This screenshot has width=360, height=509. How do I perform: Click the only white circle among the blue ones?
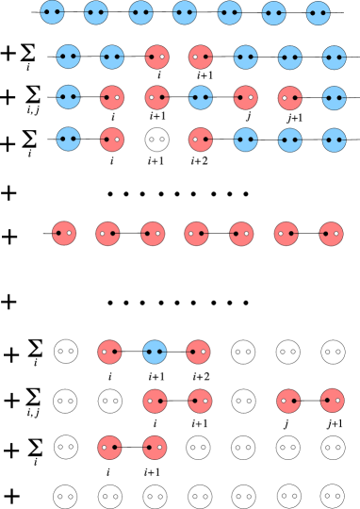pos(156,140)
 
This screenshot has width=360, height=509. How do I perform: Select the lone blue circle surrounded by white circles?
pos(154,352)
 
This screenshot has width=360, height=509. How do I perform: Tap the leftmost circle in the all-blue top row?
pos(52,12)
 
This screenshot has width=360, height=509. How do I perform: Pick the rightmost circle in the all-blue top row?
pos(318,13)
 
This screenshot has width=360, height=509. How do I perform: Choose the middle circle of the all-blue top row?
pos(185,12)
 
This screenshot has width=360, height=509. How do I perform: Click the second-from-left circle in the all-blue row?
pos(96,12)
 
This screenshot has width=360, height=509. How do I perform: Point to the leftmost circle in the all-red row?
pos(64,233)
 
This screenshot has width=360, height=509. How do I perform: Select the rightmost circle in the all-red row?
pos(331,234)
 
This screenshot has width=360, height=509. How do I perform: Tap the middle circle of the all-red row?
pos(196,233)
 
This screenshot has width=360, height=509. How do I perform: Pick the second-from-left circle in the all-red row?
pos(107,234)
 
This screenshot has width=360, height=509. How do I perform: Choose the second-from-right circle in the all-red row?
pos(286,234)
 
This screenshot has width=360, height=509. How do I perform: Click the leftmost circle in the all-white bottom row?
pos(65,496)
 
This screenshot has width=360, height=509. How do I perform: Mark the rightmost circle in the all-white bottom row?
pos(333,496)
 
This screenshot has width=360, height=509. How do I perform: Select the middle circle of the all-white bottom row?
pos(200,496)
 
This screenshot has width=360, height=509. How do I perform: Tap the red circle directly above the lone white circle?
pos(156,97)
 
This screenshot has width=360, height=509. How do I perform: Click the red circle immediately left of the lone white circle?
pos(112,140)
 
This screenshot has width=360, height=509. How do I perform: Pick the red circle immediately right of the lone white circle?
pos(200,140)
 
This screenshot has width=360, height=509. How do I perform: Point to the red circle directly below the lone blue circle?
pos(155,401)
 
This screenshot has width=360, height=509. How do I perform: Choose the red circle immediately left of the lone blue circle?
pos(109,352)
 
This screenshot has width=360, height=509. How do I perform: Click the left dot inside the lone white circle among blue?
pos(152,140)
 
